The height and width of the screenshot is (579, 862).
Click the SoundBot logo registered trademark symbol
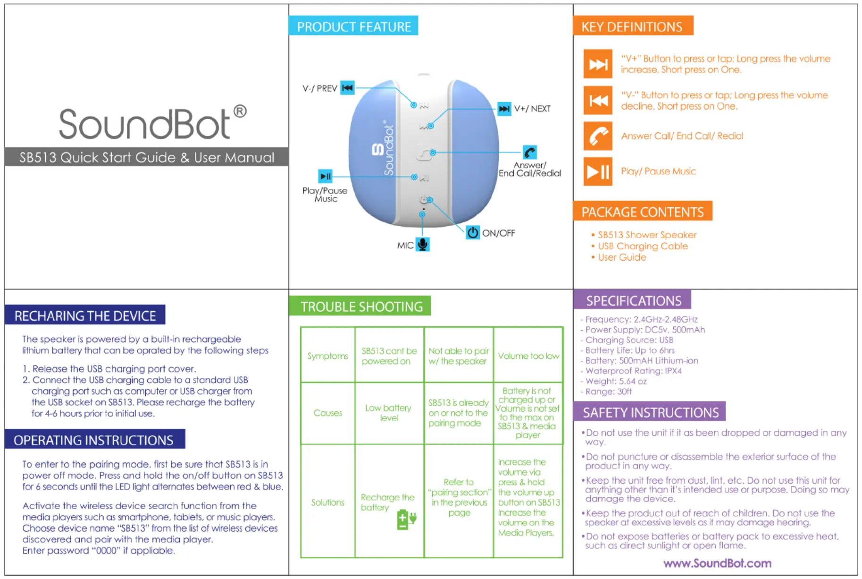coord(240,111)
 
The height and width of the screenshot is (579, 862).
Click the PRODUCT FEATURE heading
coord(353,26)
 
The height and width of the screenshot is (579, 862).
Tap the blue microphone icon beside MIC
coord(423,245)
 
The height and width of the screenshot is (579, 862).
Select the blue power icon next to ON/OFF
coord(472,232)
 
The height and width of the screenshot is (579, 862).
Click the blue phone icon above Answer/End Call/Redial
coord(529,152)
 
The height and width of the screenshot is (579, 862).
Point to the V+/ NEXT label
coord(532,109)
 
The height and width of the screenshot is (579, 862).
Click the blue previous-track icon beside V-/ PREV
coord(347,88)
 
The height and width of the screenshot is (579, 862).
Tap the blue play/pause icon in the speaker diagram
coord(326,176)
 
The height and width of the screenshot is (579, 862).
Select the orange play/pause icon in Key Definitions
coord(598,171)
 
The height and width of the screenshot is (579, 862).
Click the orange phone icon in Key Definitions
coord(598,136)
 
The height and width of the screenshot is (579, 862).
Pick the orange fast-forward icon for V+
coord(598,64)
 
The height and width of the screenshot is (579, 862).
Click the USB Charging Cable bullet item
coord(643,246)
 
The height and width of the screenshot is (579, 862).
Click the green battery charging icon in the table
coord(406,519)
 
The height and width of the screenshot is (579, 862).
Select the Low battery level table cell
coord(389,413)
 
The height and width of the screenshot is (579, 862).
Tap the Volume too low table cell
coord(528,356)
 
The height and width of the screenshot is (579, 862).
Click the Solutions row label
coord(327,502)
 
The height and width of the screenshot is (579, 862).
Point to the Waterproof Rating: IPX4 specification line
coord(633,371)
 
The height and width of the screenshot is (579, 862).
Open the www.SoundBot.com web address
coord(717,563)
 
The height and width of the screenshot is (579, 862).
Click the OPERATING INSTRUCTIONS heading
coord(94,440)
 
